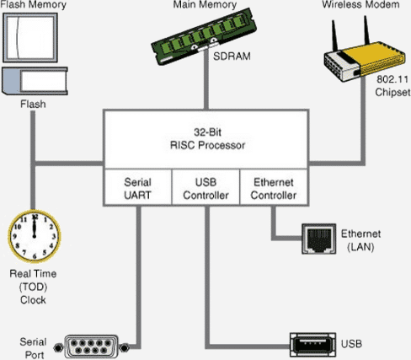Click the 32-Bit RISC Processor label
click(207, 138)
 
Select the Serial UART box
click(138, 187)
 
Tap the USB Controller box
click(205, 187)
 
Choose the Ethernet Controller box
click(274, 187)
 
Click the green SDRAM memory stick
click(204, 36)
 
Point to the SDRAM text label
click(232, 56)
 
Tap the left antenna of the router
click(335, 35)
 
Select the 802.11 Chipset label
click(392, 86)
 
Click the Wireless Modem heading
click(360, 4)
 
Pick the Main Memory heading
click(205, 4)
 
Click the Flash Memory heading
click(34, 4)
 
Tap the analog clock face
click(35, 236)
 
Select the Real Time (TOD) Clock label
click(33, 287)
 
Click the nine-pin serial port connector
click(91, 347)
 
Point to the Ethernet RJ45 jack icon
click(319, 239)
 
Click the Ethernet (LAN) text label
click(360, 240)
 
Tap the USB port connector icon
click(312, 345)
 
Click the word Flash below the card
click(33, 105)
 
